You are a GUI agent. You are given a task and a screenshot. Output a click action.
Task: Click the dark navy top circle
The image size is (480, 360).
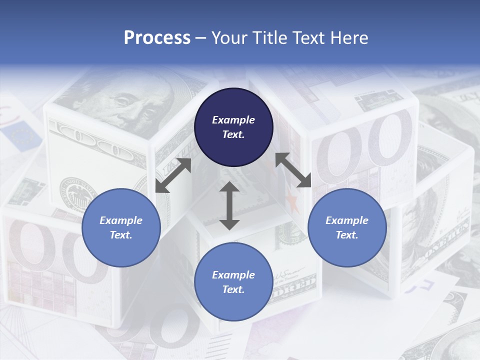pyautogui.click(x=233, y=127)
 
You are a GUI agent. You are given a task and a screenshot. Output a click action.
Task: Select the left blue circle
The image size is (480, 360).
pyautogui.click(x=121, y=227)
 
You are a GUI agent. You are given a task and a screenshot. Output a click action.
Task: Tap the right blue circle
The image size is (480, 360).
pyautogui.click(x=347, y=227)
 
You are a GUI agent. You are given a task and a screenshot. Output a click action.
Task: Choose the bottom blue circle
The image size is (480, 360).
pyautogui.click(x=233, y=282)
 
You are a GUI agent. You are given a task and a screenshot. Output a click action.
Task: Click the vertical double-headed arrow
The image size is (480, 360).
pyautogui.click(x=229, y=205)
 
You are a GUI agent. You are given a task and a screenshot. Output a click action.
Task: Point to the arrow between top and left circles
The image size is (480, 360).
pyautogui.click(x=173, y=175)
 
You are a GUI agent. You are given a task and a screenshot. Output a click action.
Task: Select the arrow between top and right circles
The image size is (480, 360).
pyautogui.click(x=293, y=170)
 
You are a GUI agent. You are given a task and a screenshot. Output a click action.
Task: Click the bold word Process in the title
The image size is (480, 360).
pyautogui.click(x=157, y=38)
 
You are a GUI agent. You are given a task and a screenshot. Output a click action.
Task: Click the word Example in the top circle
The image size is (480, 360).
pyautogui.click(x=233, y=120)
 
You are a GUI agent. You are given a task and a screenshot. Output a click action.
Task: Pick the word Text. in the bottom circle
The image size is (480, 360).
pyautogui.click(x=233, y=289)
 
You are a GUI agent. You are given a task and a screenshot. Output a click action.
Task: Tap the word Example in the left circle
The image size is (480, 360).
pyautogui.click(x=121, y=220)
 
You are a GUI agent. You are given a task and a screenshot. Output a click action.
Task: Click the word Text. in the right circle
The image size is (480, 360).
pyautogui.click(x=347, y=235)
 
